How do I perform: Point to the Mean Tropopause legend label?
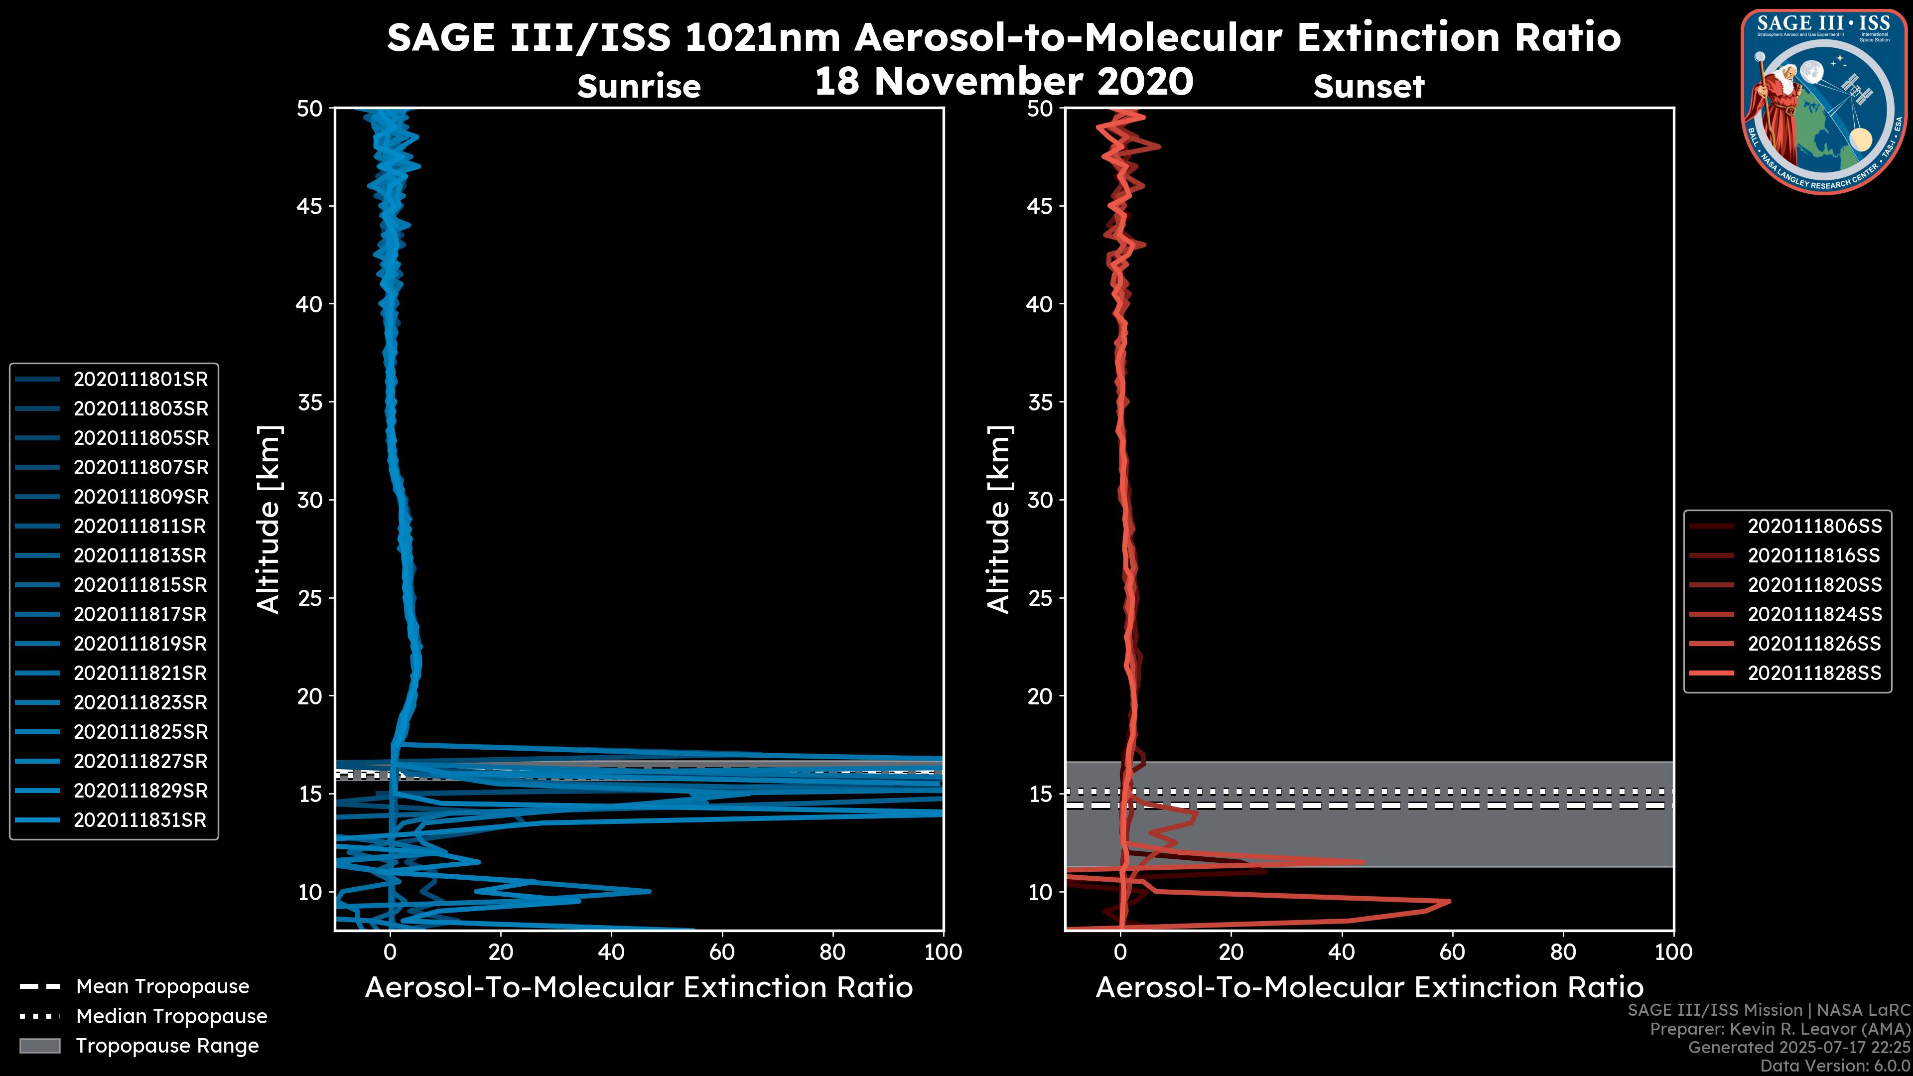coord(162,987)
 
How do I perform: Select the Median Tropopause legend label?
coord(171,1017)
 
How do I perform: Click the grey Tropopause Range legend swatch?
coord(39,1046)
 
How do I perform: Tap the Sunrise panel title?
coord(639,87)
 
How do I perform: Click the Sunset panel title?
coord(1368,87)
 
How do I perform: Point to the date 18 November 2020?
coord(1004,82)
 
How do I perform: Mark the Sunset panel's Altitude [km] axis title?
coord(999,520)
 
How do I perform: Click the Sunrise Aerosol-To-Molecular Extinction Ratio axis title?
coord(639,988)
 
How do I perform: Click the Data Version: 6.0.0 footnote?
coord(1836,1067)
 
